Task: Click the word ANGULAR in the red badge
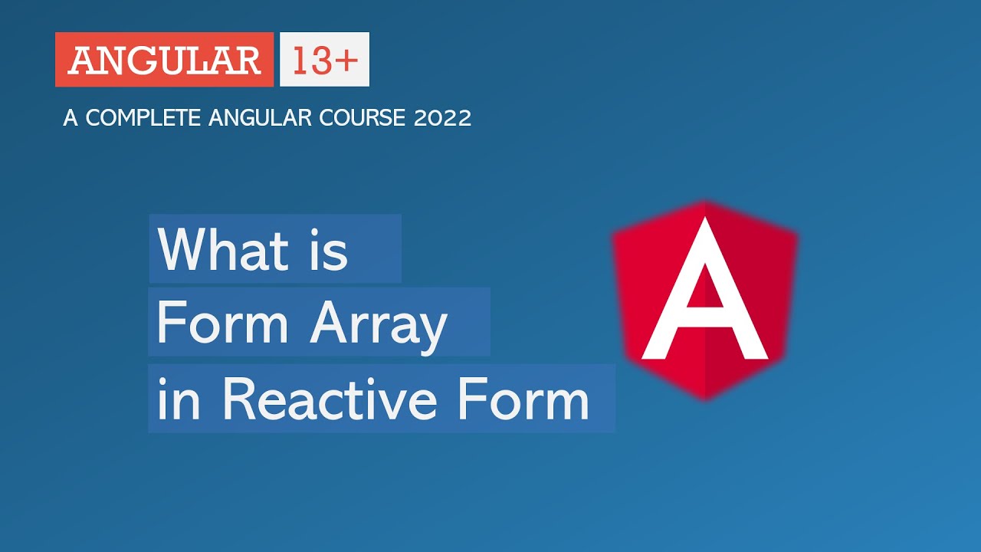[x=164, y=61]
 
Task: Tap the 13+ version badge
[x=324, y=60]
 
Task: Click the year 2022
[x=442, y=118]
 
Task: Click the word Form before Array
[x=222, y=323]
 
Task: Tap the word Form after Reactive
[x=520, y=399]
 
